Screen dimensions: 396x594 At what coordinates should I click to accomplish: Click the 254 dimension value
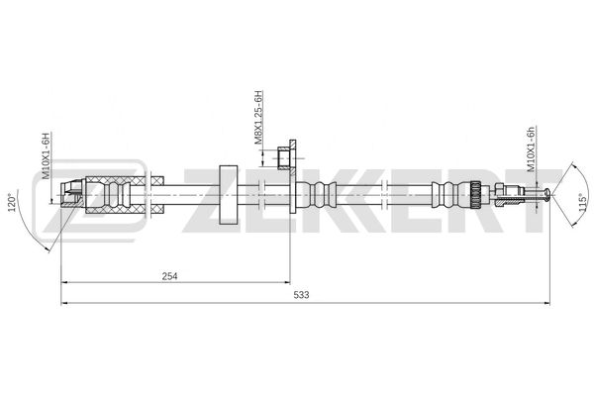[x=169, y=277]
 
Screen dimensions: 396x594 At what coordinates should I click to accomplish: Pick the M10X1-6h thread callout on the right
[x=532, y=148]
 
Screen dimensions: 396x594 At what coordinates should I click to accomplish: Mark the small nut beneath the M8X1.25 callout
[x=285, y=158]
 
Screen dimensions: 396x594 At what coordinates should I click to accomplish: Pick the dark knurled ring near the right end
[x=476, y=193]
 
